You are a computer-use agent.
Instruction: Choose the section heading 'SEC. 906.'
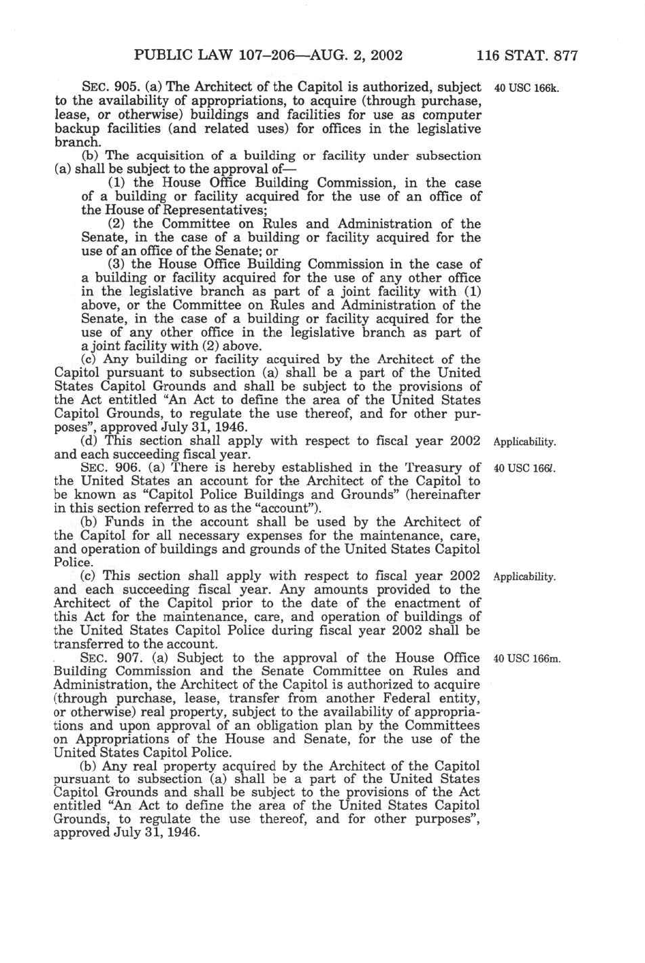coord(102,468)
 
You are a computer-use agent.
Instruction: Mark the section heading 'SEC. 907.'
coord(102,658)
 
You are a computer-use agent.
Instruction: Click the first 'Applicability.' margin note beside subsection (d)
coord(525,442)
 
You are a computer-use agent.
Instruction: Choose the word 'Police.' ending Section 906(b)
coord(72,562)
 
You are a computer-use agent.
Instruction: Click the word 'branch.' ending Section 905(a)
coord(77,143)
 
